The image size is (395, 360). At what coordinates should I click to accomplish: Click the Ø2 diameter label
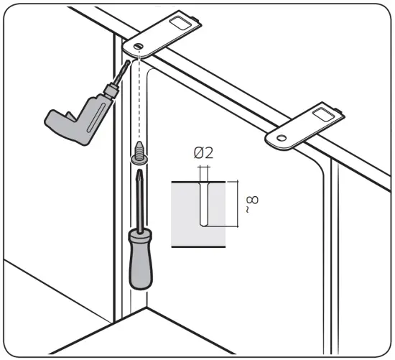203,153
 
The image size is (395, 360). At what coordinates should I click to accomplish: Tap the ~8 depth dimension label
252,203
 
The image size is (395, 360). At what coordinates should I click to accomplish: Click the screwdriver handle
141,259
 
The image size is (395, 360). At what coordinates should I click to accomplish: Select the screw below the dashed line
139,153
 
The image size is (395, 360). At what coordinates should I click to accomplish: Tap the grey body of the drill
78,119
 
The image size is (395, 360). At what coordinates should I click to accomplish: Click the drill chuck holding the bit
111,91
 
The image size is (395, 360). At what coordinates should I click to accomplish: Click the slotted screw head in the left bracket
139,46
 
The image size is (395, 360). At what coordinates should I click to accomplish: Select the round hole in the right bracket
282,138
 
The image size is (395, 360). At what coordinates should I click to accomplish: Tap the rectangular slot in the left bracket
180,23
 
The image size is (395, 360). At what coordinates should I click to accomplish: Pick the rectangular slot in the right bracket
324,114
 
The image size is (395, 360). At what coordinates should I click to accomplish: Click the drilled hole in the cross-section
204,203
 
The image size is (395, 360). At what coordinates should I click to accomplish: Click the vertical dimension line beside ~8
238,203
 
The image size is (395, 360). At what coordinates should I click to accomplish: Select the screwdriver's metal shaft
140,202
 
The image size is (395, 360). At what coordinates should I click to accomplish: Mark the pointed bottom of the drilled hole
204,226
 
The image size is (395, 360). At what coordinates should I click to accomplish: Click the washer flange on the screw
139,160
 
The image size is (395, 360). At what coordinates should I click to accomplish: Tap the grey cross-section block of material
198,214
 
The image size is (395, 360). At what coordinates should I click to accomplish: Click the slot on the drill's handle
96,116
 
